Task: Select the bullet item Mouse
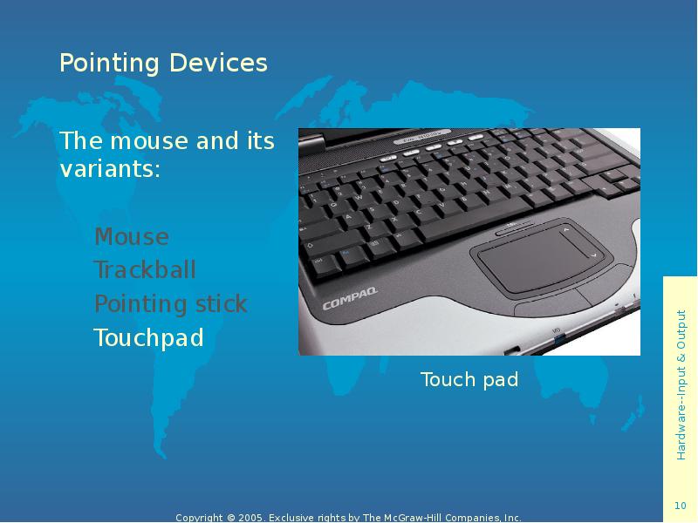coord(132,237)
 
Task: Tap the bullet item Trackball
coord(145,270)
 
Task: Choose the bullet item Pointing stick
coord(171,304)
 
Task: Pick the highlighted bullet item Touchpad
coord(148,338)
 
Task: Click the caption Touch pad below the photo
coord(469,380)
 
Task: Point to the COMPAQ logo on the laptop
coord(350,302)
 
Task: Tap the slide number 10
coord(680,506)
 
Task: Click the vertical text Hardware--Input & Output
coord(681,384)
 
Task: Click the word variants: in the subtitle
coord(109,169)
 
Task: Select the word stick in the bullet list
coord(222,304)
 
